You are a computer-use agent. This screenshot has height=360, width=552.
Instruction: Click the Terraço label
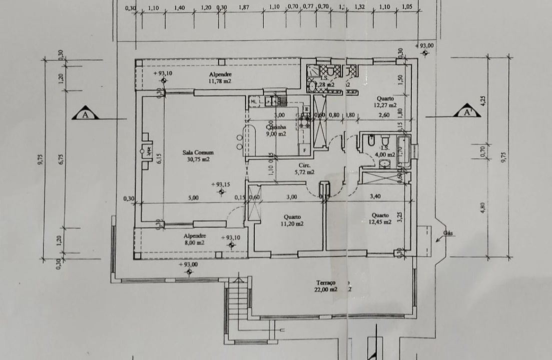pos(326,282)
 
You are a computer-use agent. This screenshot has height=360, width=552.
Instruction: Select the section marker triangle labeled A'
pos(467,112)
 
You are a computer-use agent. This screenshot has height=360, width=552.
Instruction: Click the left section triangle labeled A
pos(85,114)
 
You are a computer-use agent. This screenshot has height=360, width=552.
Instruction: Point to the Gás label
pos(448,233)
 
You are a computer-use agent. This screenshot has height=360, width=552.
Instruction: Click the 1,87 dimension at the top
pos(244,7)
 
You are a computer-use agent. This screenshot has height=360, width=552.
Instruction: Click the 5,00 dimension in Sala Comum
pos(193,197)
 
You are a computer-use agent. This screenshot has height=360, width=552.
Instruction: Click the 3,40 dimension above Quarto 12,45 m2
pos(375,196)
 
